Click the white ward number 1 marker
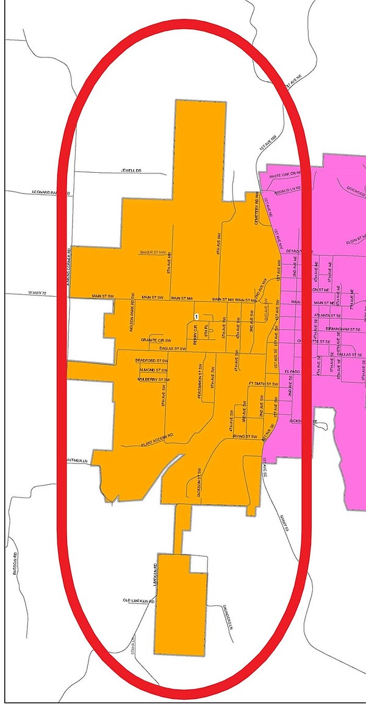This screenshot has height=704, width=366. pos(196,316)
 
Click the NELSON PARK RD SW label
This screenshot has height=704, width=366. pos(132,314)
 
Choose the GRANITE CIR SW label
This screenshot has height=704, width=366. pos(156,340)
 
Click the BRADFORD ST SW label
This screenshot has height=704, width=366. pos(151,361)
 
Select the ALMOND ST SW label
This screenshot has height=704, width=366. pos(153,370)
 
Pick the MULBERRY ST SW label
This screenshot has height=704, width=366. pos(152,379)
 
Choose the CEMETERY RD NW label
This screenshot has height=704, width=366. pos(257,209)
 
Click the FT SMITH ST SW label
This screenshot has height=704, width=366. pos(263,384)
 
